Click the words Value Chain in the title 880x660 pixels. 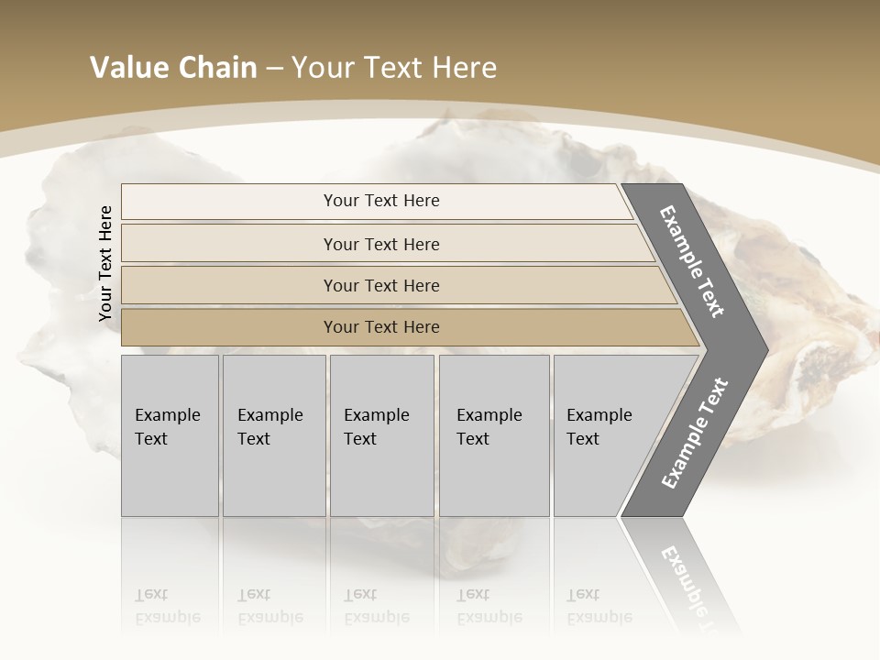tap(173, 68)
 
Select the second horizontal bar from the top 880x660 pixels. tap(381, 244)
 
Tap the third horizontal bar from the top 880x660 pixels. tap(381, 285)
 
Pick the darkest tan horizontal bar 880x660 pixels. tap(381, 327)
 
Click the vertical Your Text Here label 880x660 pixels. tap(105, 263)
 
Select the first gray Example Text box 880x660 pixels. tap(170, 435)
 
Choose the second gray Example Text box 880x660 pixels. tap(274, 435)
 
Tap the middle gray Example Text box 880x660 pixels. tap(381, 435)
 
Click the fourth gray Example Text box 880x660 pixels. tap(494, 435)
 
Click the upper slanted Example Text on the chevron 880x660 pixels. tap(692, 261)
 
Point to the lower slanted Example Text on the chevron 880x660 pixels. tap(695, 434)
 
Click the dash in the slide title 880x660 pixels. tap(274, 68)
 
